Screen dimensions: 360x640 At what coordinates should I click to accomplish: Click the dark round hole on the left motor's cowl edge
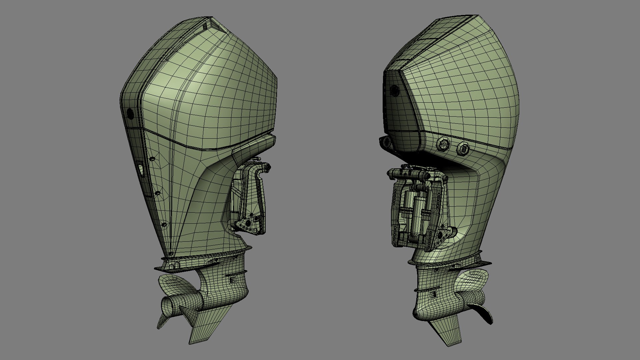coord(130,114)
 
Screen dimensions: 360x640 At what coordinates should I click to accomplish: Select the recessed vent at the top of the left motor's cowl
coord(208,24)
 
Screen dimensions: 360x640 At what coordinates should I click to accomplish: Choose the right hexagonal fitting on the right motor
coord(463,148)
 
